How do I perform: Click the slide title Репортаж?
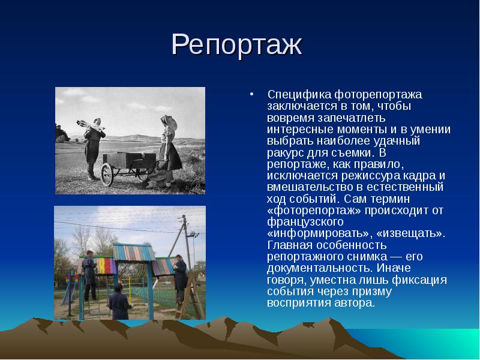[x=236, y=46]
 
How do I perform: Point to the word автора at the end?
[x=358, y=303]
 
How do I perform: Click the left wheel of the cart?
[x=107, y=174]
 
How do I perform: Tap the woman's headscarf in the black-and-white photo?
[x=170, y=122]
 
